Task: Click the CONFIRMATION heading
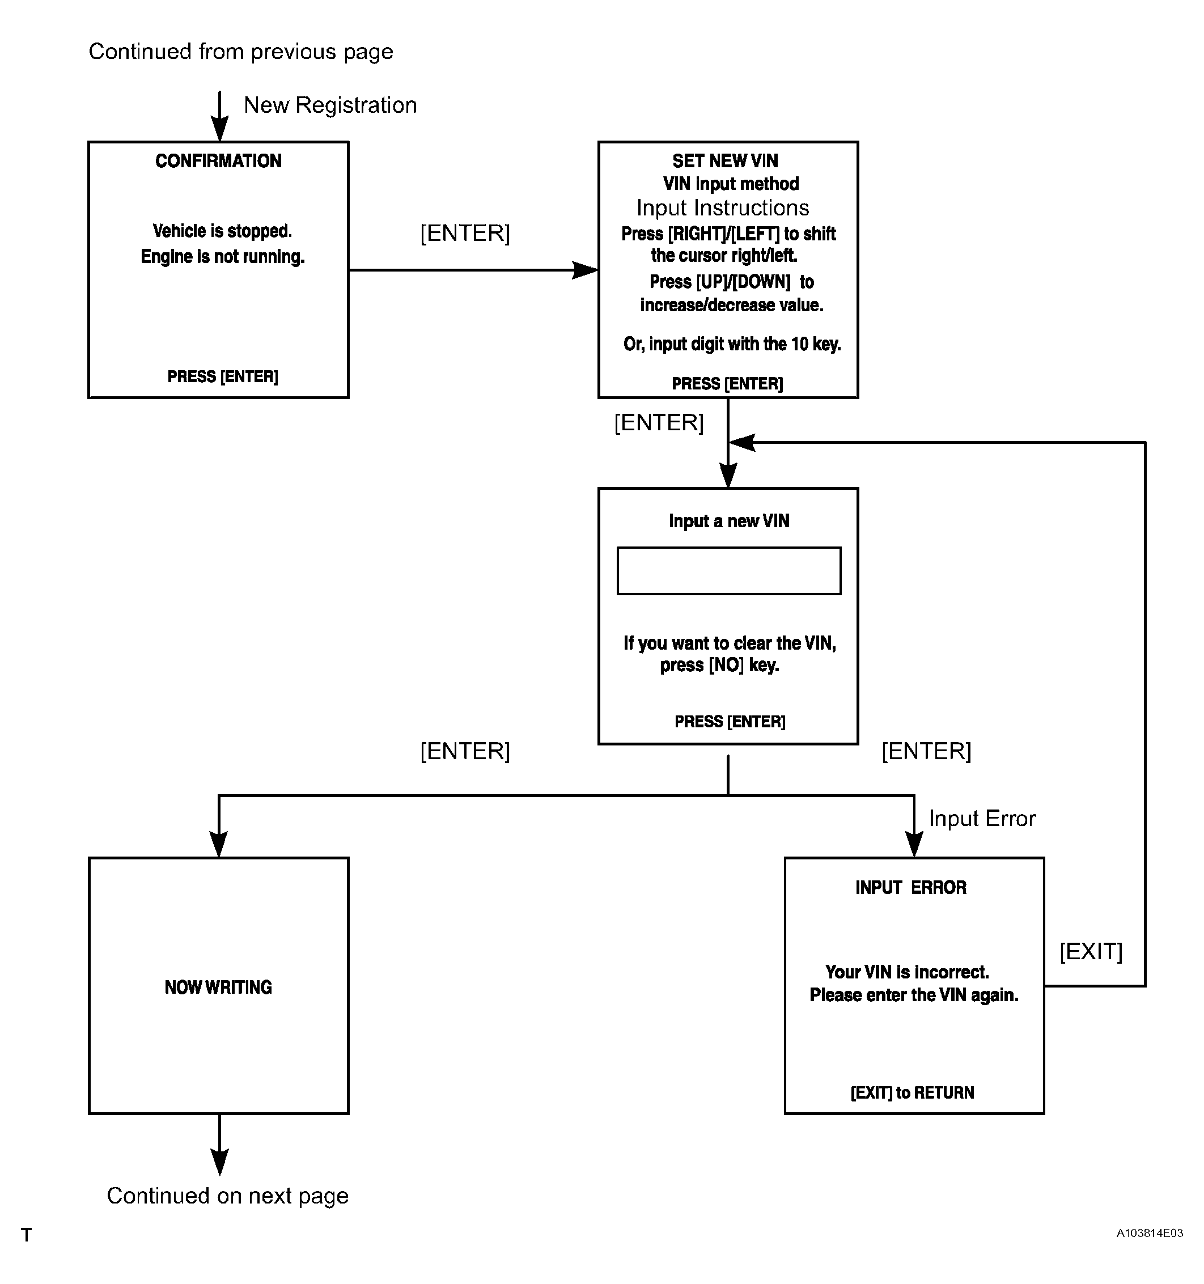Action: (218, 161)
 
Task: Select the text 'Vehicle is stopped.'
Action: (222, 231)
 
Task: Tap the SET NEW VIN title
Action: (725, 161)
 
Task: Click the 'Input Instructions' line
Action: (723, 208)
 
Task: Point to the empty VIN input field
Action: (728, 570)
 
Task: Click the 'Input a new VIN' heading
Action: (728, 520)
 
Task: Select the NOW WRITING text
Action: (218, 987)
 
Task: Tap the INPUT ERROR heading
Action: (911, 887)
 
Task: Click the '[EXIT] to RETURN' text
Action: (912, 1093)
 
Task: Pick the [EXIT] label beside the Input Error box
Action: (1091, 951)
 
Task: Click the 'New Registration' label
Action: (330, 105)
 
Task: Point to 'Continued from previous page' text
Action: (241, 52)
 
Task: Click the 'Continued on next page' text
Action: (227, 1196)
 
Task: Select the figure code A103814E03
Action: (1150, 1233)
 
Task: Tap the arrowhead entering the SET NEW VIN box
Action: (585, 270)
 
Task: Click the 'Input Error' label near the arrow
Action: (982, 819)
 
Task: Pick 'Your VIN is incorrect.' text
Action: (907, 972)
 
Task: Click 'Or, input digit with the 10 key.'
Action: (732, 344)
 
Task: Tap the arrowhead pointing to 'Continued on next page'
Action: (219, 1163)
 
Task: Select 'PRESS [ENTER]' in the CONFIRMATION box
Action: (223, 376)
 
